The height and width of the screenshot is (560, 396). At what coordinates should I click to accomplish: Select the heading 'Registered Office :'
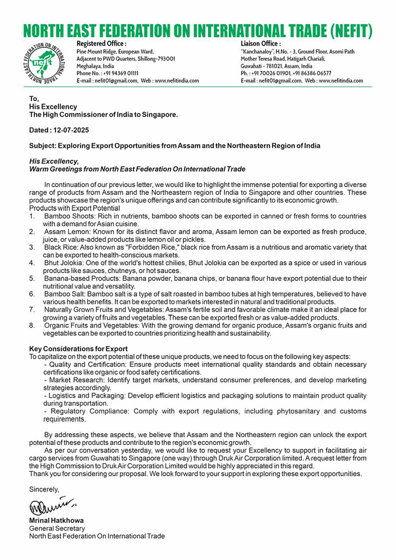tap(101, 44)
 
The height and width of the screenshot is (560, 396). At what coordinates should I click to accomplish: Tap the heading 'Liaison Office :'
tap(260, 44)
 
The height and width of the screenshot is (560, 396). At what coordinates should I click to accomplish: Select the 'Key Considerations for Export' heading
tap(78, 349)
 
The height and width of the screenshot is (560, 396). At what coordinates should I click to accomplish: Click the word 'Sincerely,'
tap(44, 489)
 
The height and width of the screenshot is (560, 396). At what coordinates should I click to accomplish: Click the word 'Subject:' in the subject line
tap(43, 146)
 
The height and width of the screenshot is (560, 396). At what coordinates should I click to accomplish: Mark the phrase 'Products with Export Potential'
tap(74, 208)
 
